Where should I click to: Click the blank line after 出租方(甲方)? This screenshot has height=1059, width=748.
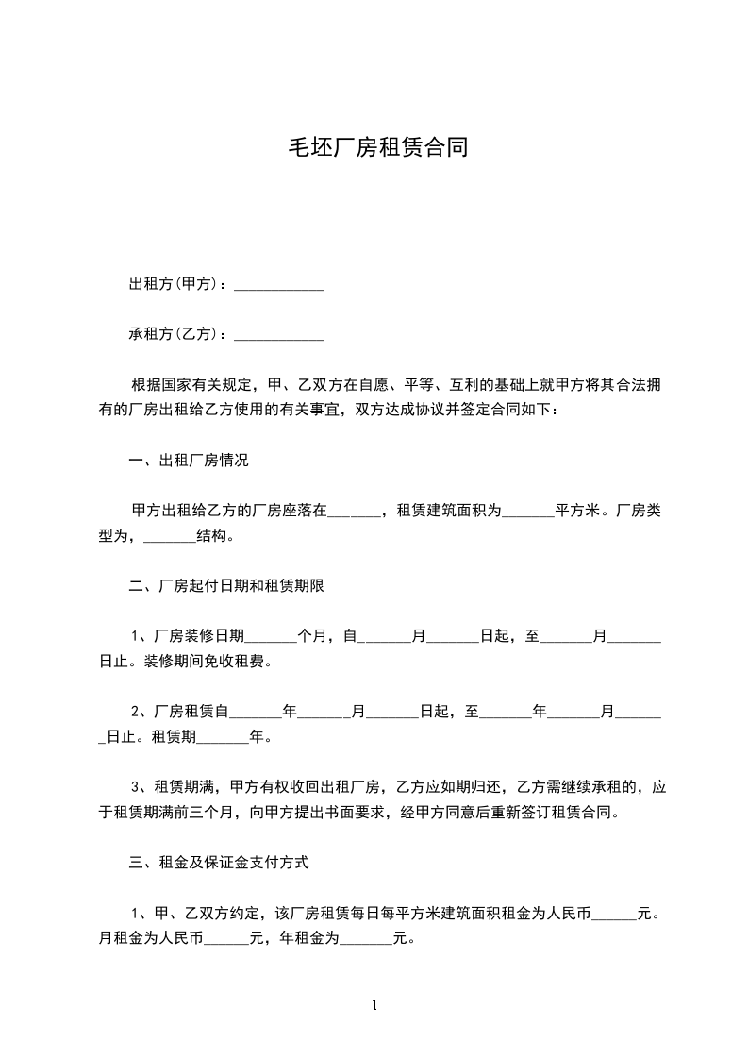coord(278,286)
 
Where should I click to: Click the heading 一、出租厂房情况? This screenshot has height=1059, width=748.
coord(189,462)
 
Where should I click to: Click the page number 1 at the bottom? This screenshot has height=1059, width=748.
coord(374,1005)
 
